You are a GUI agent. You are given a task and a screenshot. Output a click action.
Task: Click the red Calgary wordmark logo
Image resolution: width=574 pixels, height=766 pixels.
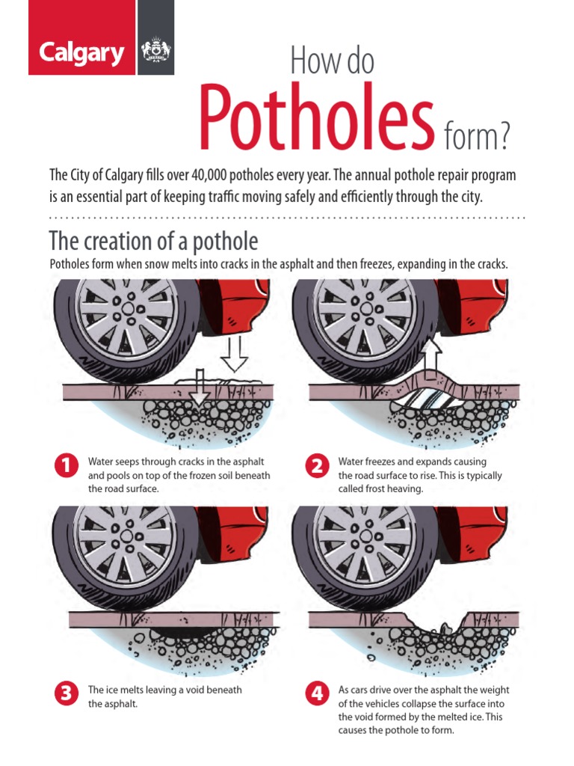coord(82,53)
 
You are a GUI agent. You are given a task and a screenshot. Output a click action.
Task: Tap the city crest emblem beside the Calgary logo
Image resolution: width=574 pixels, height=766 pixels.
coord(155,53)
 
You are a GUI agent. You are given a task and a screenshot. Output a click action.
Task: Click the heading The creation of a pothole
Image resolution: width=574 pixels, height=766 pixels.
coord(153,242)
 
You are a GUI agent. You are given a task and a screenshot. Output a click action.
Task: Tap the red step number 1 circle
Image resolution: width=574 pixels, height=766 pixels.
coord(65,465)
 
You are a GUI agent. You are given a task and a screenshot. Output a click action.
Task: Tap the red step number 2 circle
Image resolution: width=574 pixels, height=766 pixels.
coord(316,465)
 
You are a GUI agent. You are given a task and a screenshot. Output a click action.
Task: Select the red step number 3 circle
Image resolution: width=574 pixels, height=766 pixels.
coord(65,693)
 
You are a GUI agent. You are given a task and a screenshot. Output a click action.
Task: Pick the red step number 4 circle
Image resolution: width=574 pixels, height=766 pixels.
coord(316,693)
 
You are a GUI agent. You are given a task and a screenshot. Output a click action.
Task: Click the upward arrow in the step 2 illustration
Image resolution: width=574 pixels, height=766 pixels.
coord(431,358)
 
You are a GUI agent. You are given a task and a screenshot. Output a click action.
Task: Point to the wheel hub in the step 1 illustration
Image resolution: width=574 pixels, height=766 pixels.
coord(128,307)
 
